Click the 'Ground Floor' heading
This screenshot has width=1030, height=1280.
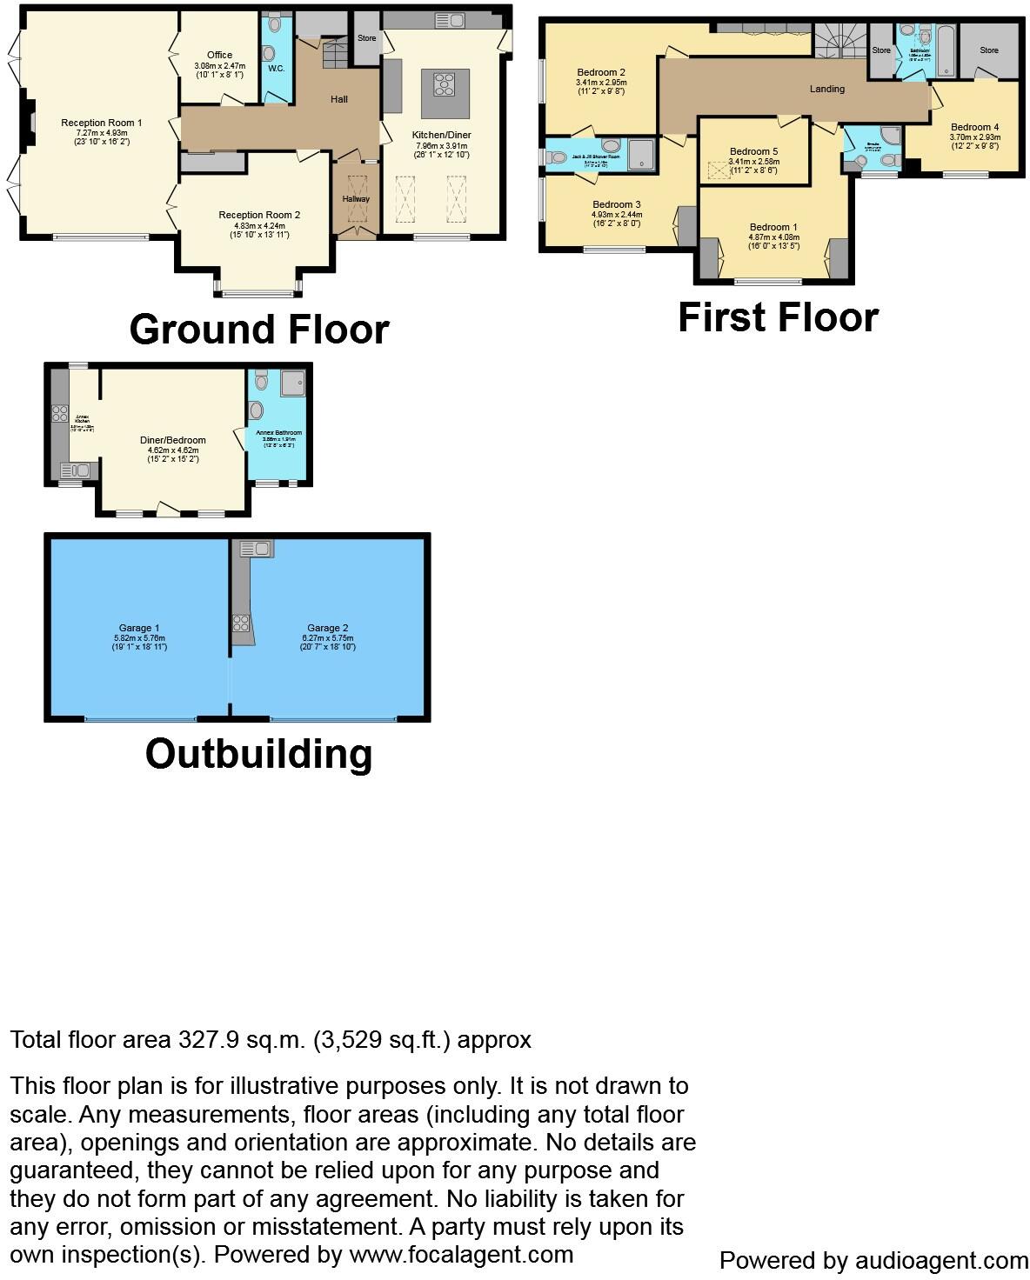click(258, 330)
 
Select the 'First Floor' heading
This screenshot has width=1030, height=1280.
click(778, 317)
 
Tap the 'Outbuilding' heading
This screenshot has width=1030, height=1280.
click(258, 753)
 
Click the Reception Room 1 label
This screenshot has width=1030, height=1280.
click(102, 123)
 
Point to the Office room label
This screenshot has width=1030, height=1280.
click(219, 56)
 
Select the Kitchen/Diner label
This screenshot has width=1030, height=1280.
click(441, 136)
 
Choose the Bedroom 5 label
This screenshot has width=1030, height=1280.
click(753, 151)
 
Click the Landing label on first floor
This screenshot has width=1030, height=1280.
click(826, 89)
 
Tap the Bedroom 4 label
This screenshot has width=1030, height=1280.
click(974, 127)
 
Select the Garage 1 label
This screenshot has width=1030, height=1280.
click(139, 628)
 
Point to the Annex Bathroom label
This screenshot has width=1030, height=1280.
click(278, 433)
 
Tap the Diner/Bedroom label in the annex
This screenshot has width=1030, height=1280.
click(173, 440)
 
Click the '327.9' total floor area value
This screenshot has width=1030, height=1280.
click(206, 1040)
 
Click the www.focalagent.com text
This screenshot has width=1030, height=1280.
click(461, 1255)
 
